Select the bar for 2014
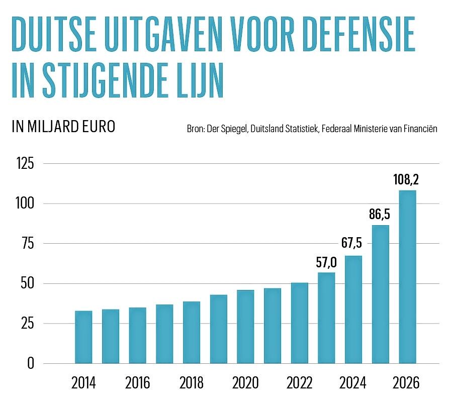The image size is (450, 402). click(x=83, y=337)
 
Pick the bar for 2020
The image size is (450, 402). click(x=245, y=326)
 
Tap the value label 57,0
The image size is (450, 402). click(x=326, y=262)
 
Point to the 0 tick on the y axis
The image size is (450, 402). click(x=31, y=363)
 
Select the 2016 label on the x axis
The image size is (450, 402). click(x=138, y=383)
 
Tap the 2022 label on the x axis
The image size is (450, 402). click(x=299, y=383)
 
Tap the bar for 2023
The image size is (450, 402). click(x=326, y=318)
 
